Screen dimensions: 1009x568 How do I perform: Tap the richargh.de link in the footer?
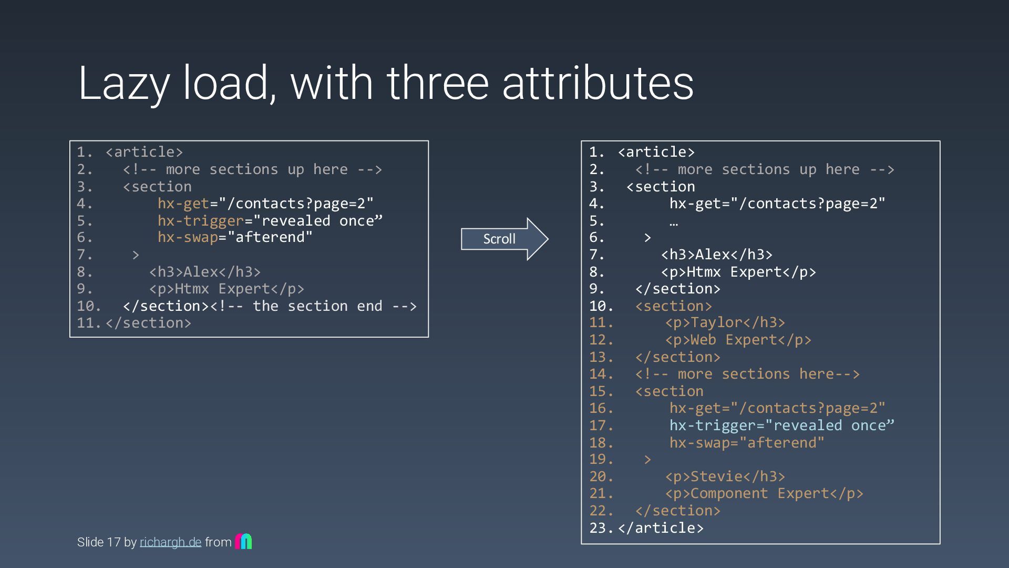coord(170,542)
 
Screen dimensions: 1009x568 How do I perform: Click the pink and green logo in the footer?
coord(243,541)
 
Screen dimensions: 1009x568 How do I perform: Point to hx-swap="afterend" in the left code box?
coord(235,237)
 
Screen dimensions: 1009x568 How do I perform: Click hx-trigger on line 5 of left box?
coord(201,220)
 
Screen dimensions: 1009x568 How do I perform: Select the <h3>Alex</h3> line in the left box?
coord(205,272)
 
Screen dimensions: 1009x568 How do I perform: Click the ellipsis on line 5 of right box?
coord(673,221)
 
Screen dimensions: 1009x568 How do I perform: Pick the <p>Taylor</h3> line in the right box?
coord(725,322)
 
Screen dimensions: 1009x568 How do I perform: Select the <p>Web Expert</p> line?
coord(738,340)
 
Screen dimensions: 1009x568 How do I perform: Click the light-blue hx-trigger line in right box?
coord(781,425)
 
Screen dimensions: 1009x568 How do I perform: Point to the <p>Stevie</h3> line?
coord(725,476)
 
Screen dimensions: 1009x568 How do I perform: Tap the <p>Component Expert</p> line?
coord(764,493)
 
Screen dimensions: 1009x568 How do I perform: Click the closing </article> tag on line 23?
coord(661,528)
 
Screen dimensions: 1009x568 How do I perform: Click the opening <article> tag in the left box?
coord(144,152)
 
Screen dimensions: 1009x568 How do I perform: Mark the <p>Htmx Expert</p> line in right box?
coord(738,272)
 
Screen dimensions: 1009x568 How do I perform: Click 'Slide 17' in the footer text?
coord(99,542)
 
